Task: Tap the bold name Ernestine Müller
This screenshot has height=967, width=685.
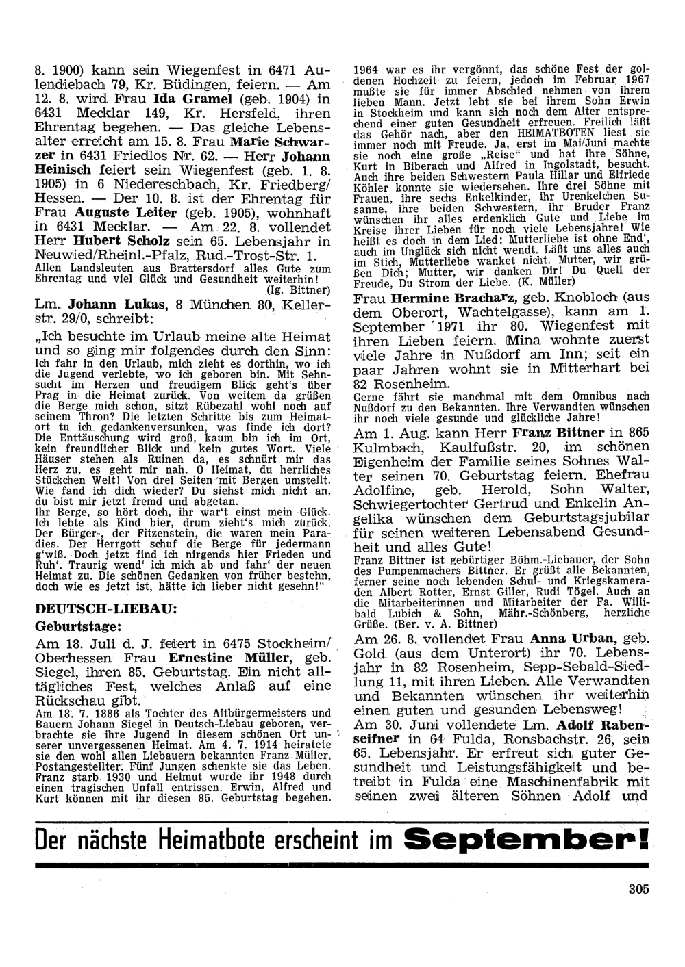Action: (x=238, y=659)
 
